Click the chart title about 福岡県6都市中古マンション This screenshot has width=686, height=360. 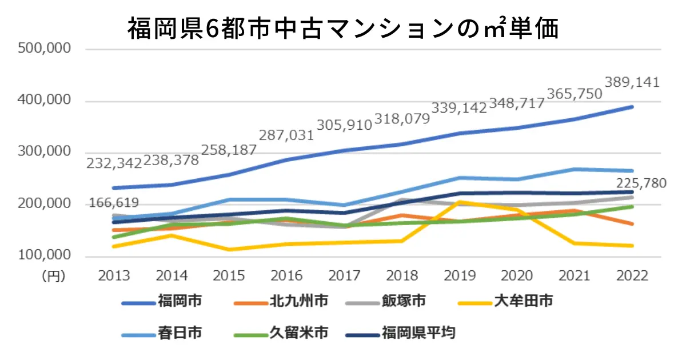[x=342, y=29]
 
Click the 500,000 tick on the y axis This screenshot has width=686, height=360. [x=45, y=49]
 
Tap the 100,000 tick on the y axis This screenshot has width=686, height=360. [x=45, y=256]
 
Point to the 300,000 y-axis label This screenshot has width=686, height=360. [x=45, y=153]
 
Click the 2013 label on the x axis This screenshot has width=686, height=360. [x=114, y=276]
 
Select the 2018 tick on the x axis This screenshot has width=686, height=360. [x=402, y=276]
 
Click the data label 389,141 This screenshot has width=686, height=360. [x=632, y=82]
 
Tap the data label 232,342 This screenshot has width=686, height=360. [x=114, y=163]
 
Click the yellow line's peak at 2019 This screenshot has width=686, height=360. [x=460, y=202]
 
